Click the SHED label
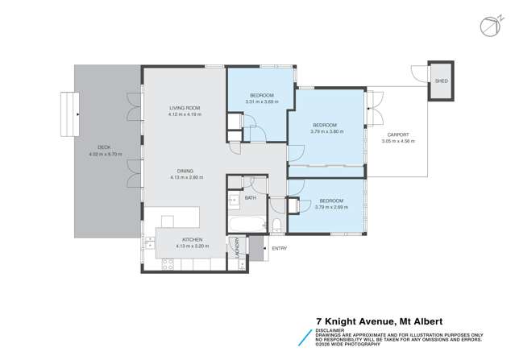[x=441, y=81]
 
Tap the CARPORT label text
[x=397, y=134]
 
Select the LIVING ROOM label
[x=184, y=108]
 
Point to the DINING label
[x=185, y=171]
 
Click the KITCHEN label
[x=192, y=239]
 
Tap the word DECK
[x=104, y=147]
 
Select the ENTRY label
[x=280, y=248]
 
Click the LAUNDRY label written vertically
[x=238, y=252]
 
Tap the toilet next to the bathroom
[x=276, y=225]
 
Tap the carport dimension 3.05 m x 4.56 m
[x=397, y=141]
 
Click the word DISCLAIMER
[x=330, y=328]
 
